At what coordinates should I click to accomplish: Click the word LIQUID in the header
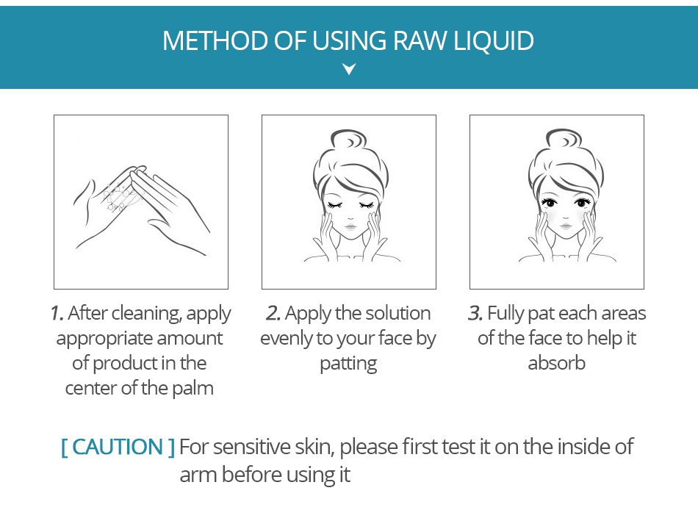coord(494,41)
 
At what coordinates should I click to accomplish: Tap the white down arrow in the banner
coord(349,68)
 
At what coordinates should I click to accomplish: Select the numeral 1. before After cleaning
coord(57,313)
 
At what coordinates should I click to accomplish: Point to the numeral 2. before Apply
coord(273,313)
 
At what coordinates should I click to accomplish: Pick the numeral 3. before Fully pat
coord(475,313)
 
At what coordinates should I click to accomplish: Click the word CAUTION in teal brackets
coord(118,447)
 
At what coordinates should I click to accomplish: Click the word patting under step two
coord(348,364)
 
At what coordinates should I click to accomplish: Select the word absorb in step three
coord(556,363)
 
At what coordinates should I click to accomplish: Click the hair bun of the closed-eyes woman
coord(350,141)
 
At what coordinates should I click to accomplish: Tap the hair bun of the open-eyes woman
coord(564,140)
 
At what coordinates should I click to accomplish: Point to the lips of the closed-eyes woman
coord(350,226)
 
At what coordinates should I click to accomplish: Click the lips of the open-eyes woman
coord(565,226)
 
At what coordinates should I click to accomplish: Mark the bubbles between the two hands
coord(118,196)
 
